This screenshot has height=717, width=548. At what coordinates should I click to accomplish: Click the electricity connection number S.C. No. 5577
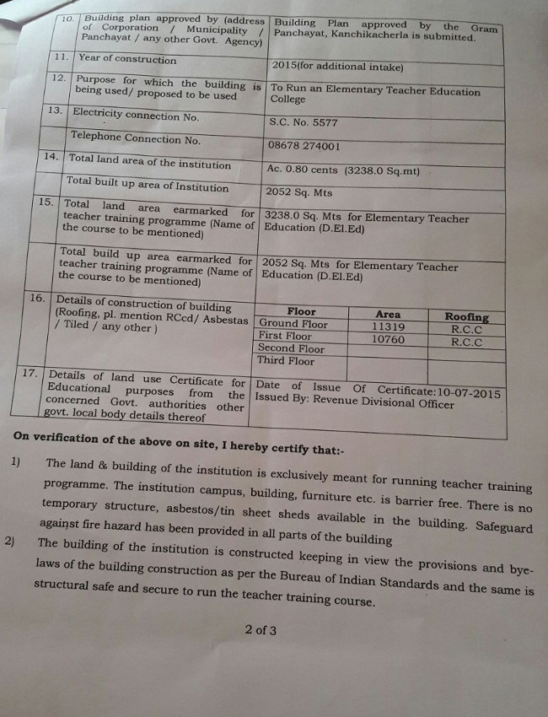[303, 122]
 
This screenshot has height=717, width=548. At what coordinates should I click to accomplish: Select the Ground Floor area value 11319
[389, 327]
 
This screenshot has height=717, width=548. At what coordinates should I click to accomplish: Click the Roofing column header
[466, 317]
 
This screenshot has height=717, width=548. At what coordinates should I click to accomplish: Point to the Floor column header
[301, 311]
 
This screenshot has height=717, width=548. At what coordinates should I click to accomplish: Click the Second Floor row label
[291, 348]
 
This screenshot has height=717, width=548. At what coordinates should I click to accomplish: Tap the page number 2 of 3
[261, 629]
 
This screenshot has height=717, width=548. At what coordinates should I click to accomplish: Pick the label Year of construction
[127, 60]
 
